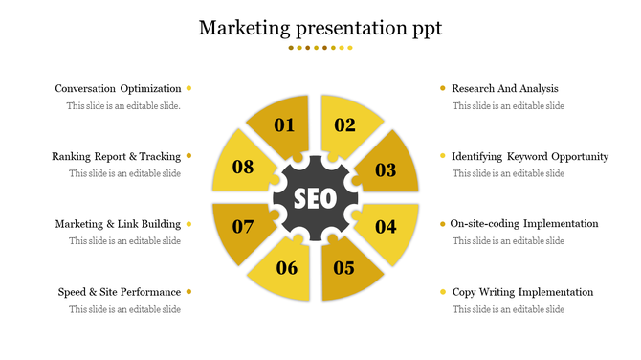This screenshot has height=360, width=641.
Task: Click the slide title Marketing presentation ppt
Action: point(320,28)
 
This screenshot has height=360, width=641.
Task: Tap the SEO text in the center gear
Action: point(315,199)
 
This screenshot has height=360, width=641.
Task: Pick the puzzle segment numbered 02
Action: point(347,125)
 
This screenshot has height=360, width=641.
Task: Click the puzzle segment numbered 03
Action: point(387,169)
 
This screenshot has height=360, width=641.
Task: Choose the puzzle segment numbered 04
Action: point(387,228)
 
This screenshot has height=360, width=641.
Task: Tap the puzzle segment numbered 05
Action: point(346,268)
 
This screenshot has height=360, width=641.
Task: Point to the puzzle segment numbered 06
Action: point(285,268)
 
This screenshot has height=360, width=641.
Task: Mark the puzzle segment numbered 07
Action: point(242,228)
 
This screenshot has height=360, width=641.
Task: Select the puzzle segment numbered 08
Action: point(242,168)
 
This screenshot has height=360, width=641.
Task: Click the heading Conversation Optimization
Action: point(118,89)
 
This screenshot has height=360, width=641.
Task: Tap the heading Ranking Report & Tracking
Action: point(116,156)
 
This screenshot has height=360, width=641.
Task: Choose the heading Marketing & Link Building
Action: point(118,224)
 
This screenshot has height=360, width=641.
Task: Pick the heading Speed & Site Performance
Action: point(119,292)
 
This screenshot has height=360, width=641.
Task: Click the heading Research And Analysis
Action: point(504,89)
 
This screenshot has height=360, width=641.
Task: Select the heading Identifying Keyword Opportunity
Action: point(530,156)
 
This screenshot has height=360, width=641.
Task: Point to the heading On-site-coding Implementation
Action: point(524,224)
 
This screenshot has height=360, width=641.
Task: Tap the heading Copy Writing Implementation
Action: point(522,292)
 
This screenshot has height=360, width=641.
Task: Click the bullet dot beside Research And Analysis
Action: point(442,89)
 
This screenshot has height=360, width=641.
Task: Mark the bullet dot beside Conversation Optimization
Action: point(189,89)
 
